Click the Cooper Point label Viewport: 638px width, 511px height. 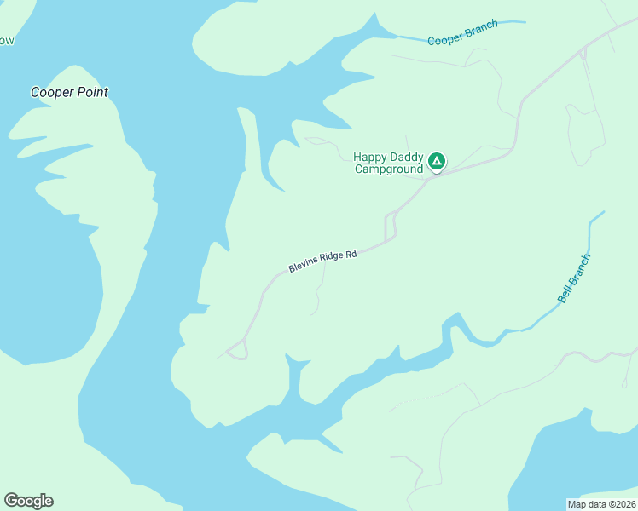70,92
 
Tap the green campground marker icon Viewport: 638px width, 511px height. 436,160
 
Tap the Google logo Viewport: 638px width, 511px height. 28,500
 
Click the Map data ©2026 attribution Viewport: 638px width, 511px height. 601,504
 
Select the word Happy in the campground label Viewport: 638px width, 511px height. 370,157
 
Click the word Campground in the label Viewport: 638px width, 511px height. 389,169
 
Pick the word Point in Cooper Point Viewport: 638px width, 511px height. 93,92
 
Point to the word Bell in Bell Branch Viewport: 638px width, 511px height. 564,294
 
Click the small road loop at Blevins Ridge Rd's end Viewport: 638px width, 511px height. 238,349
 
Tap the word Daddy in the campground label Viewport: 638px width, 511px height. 406,157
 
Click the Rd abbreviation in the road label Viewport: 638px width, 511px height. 351,254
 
